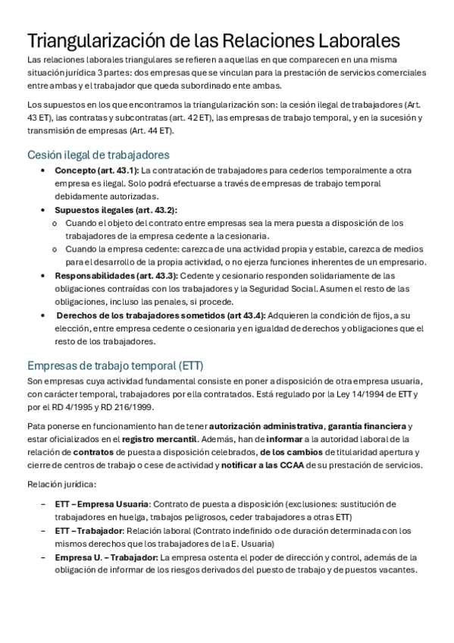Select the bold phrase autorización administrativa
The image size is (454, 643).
click(x=266, y=425)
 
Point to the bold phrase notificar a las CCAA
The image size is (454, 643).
click(x=261, y=465)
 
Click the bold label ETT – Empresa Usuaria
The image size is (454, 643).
click(x=102, y=504)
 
